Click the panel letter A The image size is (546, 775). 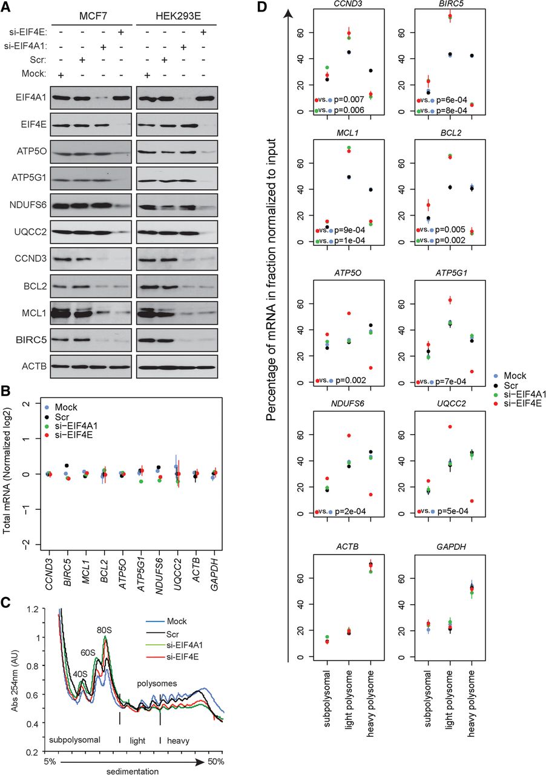(x=6, y=8)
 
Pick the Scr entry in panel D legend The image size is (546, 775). (x=512, y=386)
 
